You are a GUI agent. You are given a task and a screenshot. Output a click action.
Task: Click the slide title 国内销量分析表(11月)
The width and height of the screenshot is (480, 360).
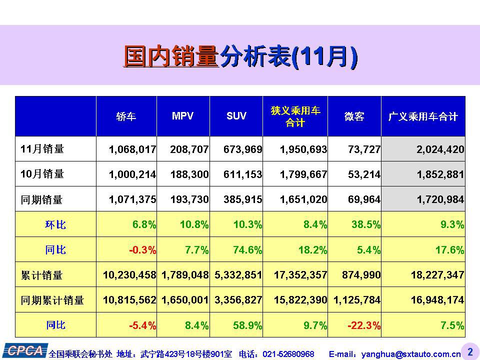240,56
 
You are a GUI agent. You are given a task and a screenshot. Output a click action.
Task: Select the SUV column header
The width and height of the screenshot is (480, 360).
236,116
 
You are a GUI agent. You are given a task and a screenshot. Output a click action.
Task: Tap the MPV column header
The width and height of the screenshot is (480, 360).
182,116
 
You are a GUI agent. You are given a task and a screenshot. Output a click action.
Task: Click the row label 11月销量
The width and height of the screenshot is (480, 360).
42,149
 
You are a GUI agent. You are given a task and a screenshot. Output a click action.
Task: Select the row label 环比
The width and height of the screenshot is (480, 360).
55,225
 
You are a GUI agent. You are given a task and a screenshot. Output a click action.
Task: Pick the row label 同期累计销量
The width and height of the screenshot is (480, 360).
52,300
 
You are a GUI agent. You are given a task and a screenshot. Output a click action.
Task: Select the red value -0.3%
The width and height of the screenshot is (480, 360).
142,250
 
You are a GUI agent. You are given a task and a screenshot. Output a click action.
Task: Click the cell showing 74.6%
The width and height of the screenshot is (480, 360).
247,250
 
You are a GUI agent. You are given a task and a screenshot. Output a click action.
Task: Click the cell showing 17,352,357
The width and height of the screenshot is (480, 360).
300,275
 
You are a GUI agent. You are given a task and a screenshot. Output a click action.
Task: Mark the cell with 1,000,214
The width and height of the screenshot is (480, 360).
132,174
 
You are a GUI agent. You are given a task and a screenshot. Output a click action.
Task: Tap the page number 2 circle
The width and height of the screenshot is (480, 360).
469,352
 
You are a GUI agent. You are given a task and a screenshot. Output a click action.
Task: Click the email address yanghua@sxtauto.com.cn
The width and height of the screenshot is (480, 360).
411,354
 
